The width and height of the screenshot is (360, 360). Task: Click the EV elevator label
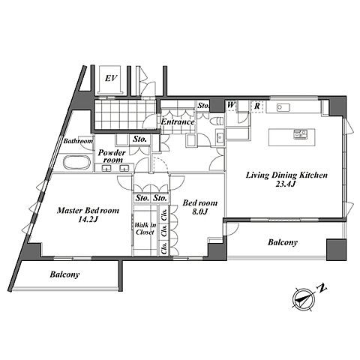[x=111, y=79]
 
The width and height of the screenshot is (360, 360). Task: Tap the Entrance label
[x=178, y=122]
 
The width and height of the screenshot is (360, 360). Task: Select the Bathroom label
[x=78, y=141]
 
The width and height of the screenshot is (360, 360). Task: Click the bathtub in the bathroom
[x=76, y=163]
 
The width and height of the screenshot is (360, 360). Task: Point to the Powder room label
[x=112, y=156]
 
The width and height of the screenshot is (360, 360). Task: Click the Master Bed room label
[x=88, y=211]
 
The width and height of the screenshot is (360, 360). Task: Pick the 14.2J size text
[x=88, y=220]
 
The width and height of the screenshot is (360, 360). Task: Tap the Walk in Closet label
[x=145, y=229]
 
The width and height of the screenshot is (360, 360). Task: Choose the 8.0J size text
[x=200, y=211]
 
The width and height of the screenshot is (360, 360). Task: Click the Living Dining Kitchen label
[x=286, y=175]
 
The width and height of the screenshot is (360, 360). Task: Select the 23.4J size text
[x=286, y=184]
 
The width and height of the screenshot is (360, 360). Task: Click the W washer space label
[x=231, y=105]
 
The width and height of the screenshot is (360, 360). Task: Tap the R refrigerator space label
[x=256, y=106]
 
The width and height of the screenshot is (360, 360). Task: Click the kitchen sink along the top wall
[x=283, y=107]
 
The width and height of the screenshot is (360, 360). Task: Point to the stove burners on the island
[x=300, y=134]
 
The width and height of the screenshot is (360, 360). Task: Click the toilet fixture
[x=216, y=121]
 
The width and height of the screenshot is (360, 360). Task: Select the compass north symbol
[x=303, y=299]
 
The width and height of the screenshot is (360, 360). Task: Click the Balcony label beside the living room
[x=283, y=242]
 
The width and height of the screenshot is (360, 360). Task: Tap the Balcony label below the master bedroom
[x=64, y=274]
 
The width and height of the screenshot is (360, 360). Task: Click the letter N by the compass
[x=322, y=288]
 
